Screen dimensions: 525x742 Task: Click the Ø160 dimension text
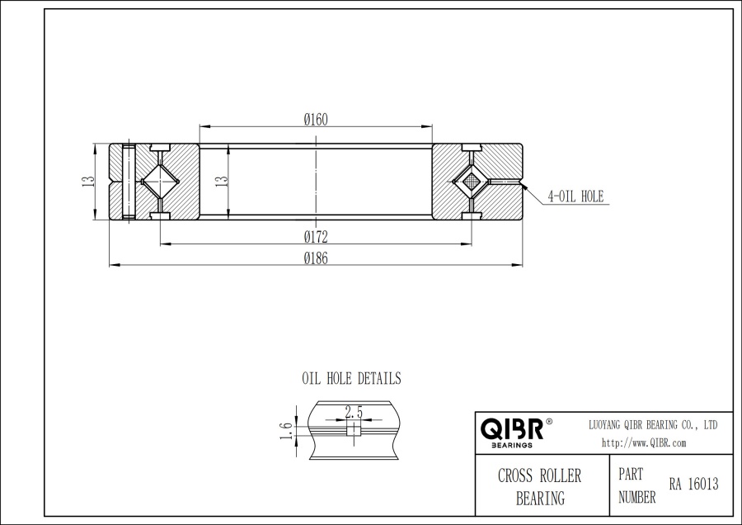click(x=316, y=120)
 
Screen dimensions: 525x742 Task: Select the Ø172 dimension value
click(x=316, y=237)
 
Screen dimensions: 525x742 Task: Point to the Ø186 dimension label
click(x=316, y=258)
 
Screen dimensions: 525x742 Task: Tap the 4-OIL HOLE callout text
click(x=576, y=196)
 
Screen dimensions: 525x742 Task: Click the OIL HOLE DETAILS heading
click(x=351, y=379)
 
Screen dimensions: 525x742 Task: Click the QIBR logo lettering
click(x=511, y=428)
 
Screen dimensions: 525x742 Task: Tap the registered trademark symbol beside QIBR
click(x=549, y=422)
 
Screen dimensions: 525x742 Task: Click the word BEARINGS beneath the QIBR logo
click(x=511, y=445)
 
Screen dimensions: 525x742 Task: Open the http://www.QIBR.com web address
click(x=644, y=443)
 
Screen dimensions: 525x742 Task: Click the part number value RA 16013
click(x=693, y=485)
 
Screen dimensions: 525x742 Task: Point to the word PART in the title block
click(x=631, y=476)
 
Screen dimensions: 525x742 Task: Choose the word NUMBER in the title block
click(x=636, y=498)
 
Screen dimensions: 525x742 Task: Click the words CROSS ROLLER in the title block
click(x=539, y=476)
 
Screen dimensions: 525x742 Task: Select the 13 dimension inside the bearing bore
click(x=220, y=182)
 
